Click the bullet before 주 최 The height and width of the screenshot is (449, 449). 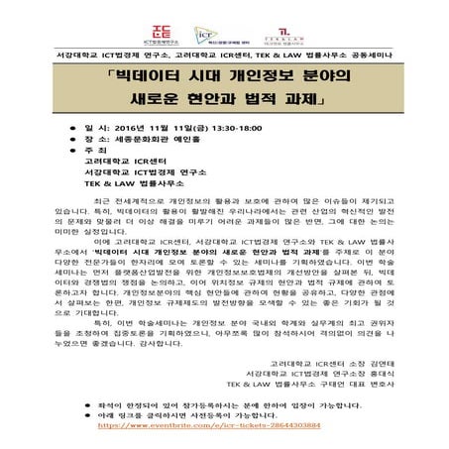pyautogui.click(x=106, y=153)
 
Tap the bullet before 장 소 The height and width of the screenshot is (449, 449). pyautogui.click(x=106, y=140)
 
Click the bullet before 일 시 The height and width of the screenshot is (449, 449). pyautogui.click(x=106, y=128)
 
